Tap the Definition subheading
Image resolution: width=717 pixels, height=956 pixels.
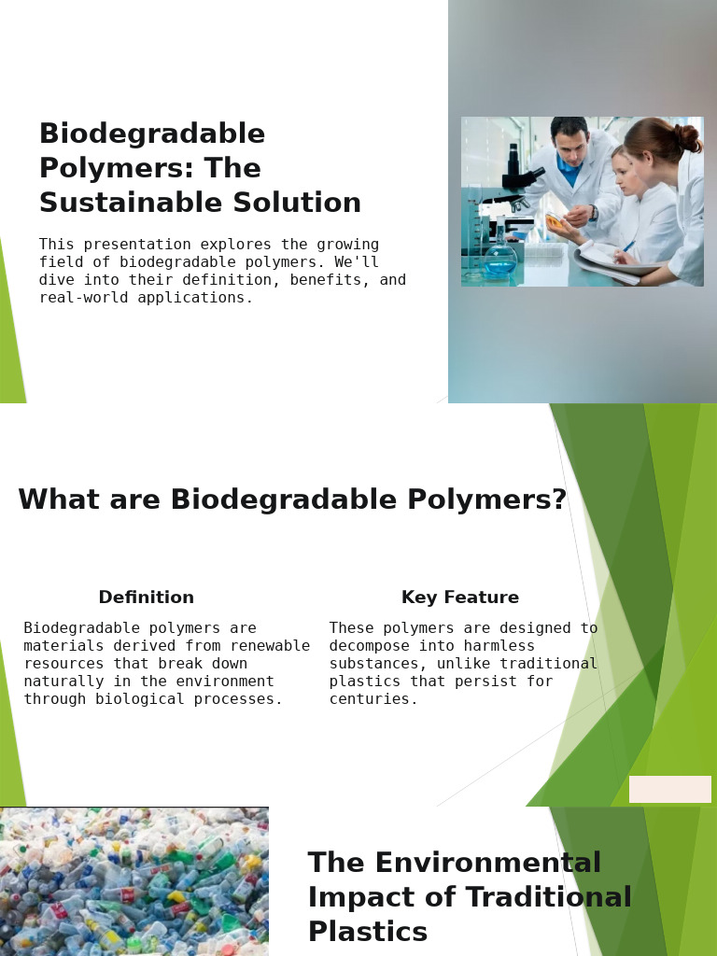pyautogui.click(x=147, y=597)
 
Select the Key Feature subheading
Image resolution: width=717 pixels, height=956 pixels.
pyautogui.click(x=460, y=597)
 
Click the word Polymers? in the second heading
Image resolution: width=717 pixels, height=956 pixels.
pyautogui.click(x=487, y=499)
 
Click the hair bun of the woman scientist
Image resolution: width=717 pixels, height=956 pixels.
pyautogui.click(x=688, y=138)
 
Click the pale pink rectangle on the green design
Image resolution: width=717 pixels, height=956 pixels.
pyautogui.click(x=670, y=789)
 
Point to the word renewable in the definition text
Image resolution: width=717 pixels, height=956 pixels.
pyautogui.click(x=270, y=646)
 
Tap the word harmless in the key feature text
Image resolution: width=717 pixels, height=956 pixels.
pyautogui.click(x=499, y=646)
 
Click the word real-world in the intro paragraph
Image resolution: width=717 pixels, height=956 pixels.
pyautogui.click(x=83, y=298)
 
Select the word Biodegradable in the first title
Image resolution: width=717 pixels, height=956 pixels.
pyautogui.click(x=152, y=133)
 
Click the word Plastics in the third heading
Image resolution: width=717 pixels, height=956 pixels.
pyautogui.click(x=368, y=931)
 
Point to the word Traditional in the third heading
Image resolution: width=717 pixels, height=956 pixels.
pyautogui.click(x=548, y=897)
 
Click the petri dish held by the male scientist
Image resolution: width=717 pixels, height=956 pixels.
pyautogui.click(x=554, y=220)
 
